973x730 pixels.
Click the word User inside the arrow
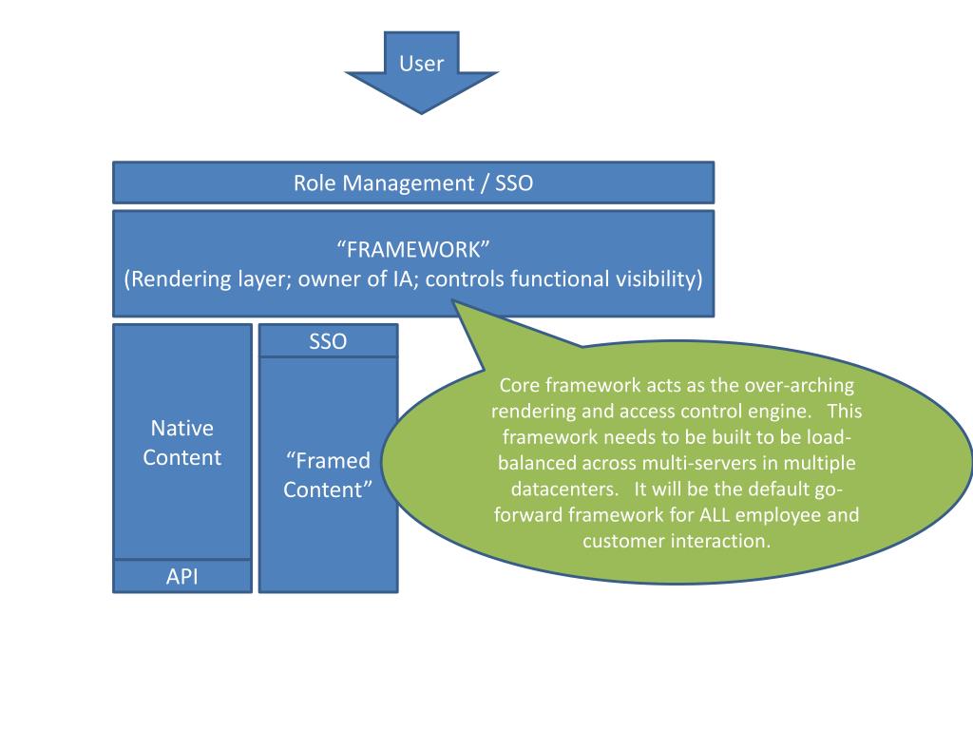tap(421, 64)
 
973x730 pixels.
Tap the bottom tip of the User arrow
tap(421, 114)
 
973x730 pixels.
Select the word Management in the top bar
tap(408, 183)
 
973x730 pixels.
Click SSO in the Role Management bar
tap(514, 183)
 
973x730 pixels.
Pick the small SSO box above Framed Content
tap(328, 341)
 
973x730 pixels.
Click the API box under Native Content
tap(182, 576)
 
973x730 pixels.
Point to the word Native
tap(181, 428)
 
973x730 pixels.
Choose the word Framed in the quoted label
tap(333, 460)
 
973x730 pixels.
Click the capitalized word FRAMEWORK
tap(413, 250)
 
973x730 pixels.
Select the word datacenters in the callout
tap(564, 490)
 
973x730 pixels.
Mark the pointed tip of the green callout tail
tap(453, 301)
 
